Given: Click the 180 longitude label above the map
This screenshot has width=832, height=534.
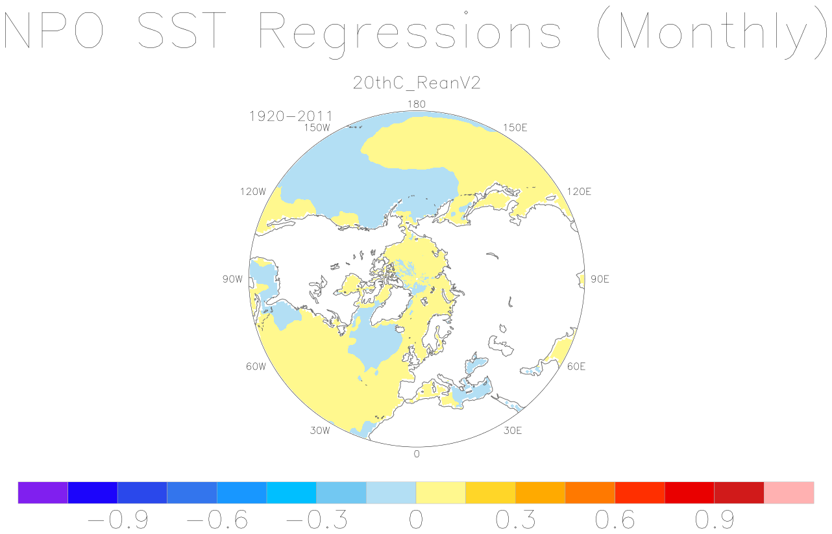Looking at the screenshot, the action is coord(417,104).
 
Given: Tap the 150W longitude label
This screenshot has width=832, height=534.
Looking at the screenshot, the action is coord(317,128).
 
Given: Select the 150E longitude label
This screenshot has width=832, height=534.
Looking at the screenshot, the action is coord(515,128).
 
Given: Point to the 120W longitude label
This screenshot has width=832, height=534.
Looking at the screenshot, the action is coord(253,192).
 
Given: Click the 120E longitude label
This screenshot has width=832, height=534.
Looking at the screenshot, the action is coord(579,192).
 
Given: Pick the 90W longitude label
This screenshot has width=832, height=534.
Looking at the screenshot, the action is coord(232,279).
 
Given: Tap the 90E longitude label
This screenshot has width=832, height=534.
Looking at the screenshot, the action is coord(600,279).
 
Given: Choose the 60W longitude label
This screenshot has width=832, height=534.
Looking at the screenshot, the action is coord(256,366).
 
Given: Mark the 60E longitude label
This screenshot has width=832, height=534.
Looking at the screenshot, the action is coord(576,366).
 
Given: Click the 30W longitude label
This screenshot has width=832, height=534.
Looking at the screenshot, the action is coord(320,431).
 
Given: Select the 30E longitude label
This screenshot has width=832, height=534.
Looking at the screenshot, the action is coord(513,431).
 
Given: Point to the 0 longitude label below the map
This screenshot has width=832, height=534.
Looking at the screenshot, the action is coord(417,454).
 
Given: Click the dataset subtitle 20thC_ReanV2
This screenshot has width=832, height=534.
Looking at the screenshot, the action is coord(417,83).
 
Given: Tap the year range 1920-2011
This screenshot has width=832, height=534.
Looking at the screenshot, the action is coord(291,116).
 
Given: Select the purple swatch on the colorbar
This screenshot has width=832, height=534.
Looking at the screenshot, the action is coord(43,492).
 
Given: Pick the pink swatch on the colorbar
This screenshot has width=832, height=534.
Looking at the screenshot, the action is coord(789,492).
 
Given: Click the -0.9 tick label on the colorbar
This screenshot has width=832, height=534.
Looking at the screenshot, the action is coord(117,520).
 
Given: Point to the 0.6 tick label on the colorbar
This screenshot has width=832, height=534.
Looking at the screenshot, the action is coord(615,520).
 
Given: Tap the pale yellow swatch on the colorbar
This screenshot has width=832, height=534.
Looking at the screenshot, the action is coord(441,492).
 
